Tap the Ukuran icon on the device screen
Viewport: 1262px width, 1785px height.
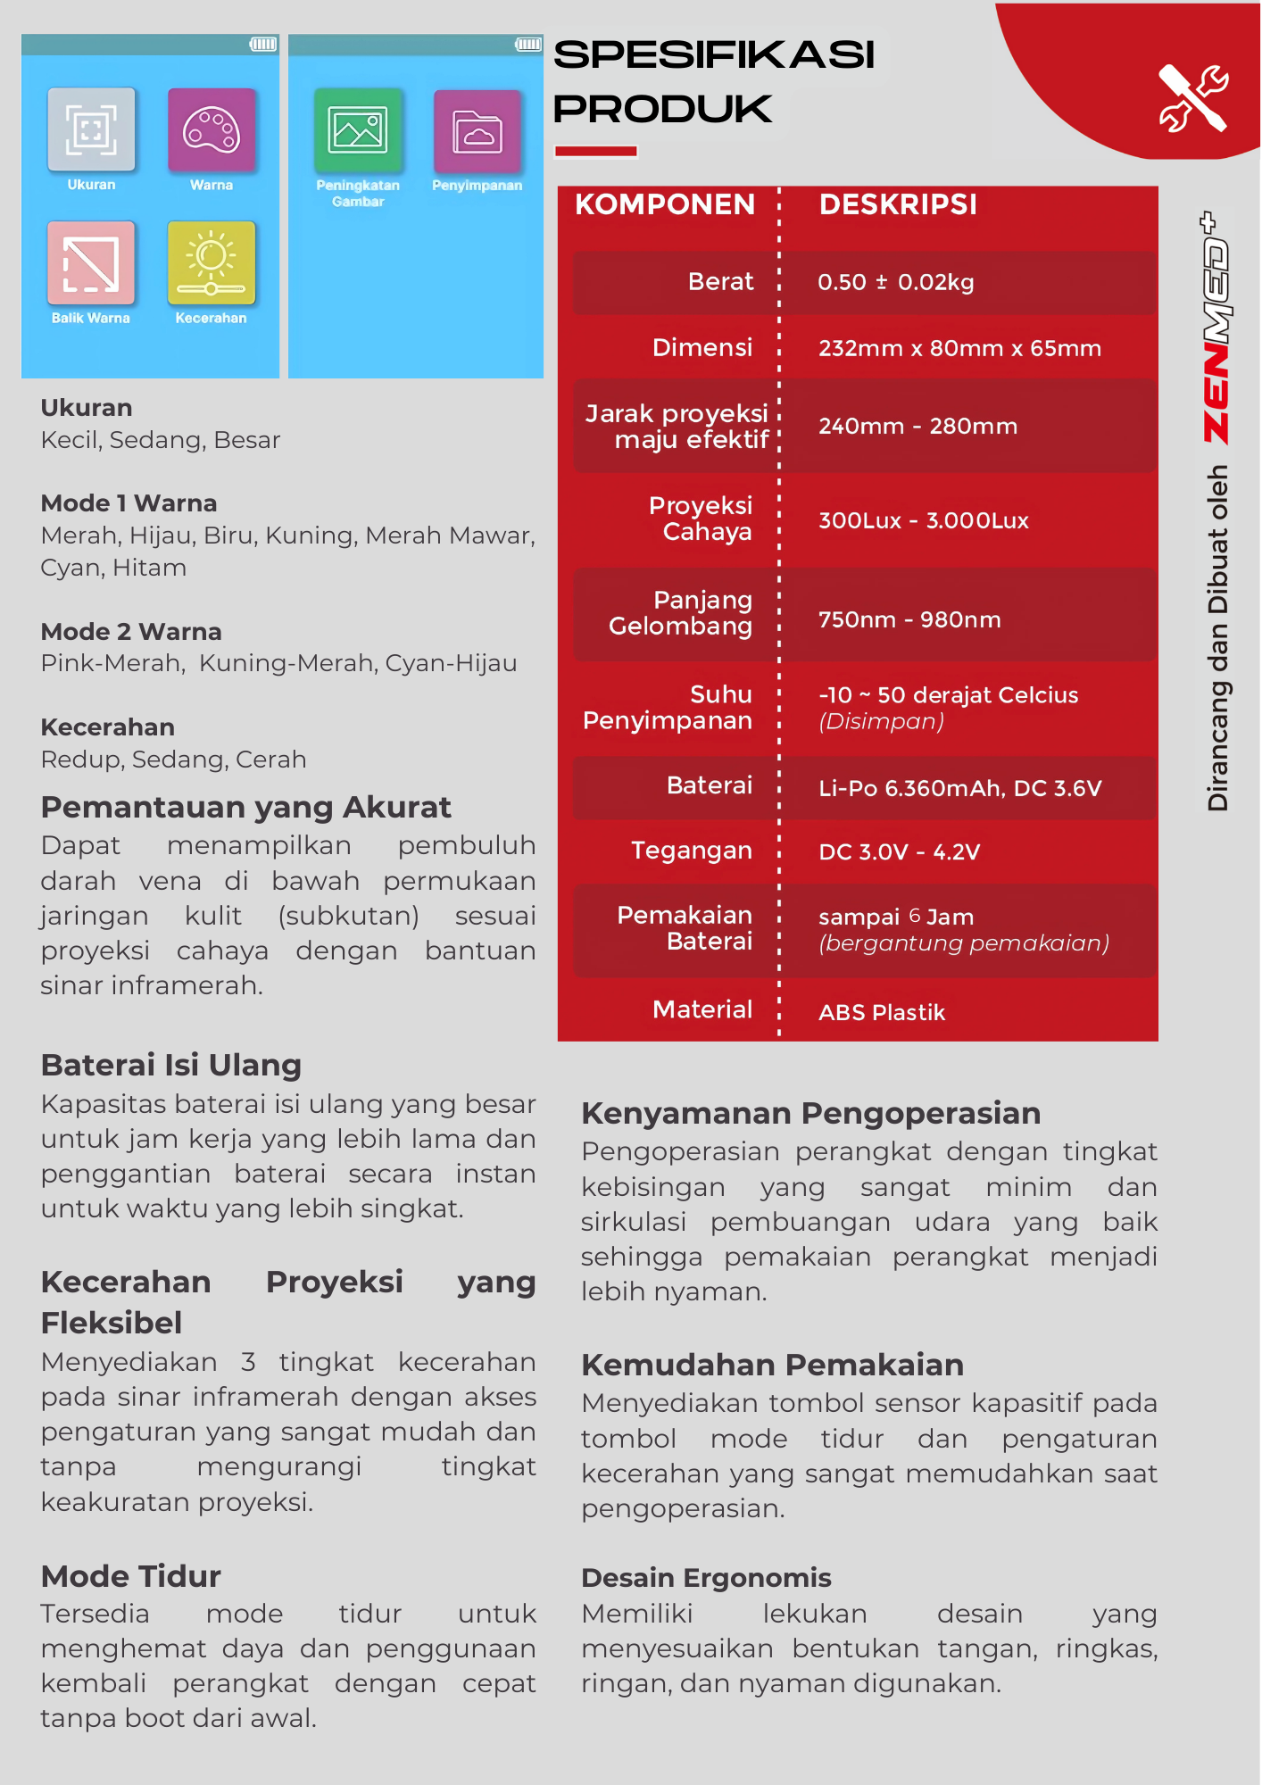click(x=91, y=129)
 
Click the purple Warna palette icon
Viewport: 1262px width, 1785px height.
click(x=212, y=129)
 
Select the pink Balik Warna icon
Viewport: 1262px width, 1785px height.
click(x=91, y=263)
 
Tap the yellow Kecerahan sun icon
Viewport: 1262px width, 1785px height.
click(x=212, y=263)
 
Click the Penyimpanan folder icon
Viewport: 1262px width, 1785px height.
click(x=477, y=131)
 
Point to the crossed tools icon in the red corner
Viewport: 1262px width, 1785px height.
click(x=1192, y=98)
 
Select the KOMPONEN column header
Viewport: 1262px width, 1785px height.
click(x=665, y=204)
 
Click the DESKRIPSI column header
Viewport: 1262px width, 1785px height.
click(x=898, y=204)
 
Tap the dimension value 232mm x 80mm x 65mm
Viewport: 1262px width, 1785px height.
click(x=959, y=348)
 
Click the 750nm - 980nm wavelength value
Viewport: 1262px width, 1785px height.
click(x=909, y=619)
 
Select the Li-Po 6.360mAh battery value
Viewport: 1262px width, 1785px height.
click(x=959, y=788)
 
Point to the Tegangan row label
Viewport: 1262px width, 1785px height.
click(x=691, y=851)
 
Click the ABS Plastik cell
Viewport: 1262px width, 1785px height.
click(x=882, y=1012)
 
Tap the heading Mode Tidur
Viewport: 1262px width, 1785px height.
click(x=131, y=1576)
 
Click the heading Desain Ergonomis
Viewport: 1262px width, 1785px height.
click(x=706, y=1578)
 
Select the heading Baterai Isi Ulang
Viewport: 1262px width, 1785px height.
click(x=171, y=1065)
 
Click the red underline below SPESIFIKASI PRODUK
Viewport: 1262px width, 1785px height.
click(x=595, y=152)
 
